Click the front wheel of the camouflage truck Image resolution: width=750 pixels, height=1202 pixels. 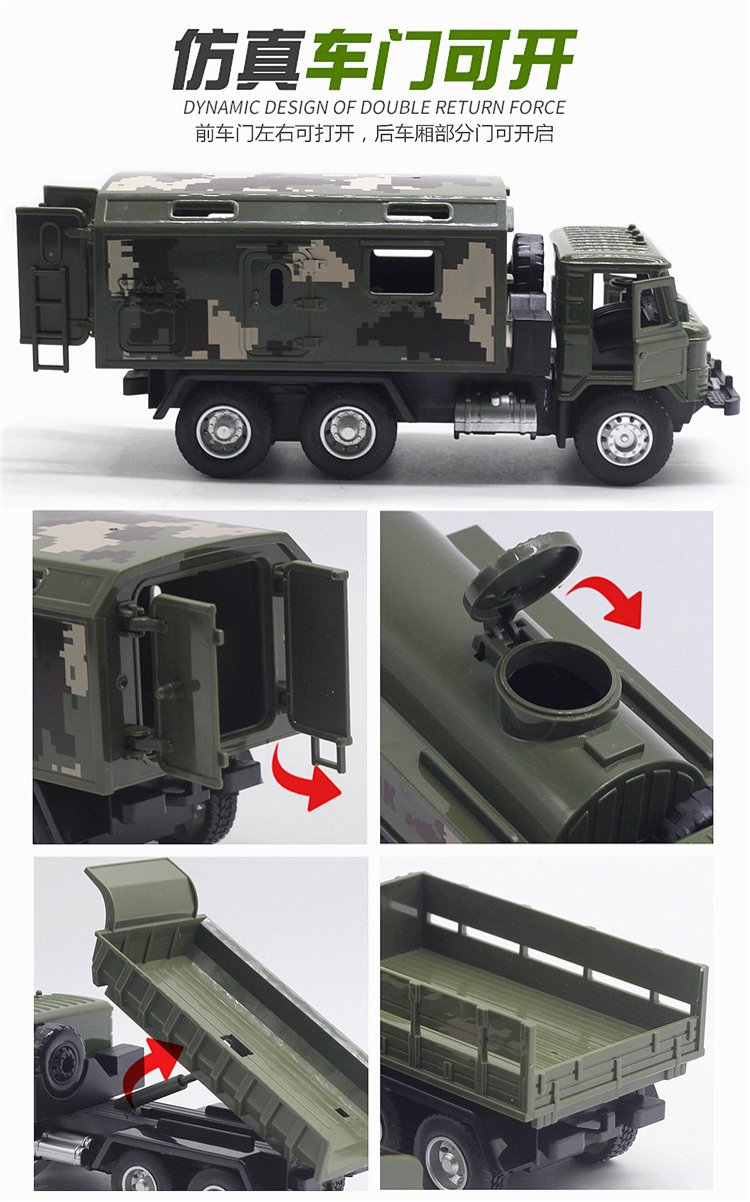(623, 439)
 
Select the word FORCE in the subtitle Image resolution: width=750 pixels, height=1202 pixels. (537, 107)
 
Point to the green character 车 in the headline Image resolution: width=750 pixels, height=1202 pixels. (341, 59)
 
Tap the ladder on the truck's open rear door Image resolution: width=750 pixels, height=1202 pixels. (50, 319)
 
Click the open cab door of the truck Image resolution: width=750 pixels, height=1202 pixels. (659, 334)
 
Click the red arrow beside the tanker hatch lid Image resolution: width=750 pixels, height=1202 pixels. (607, 600)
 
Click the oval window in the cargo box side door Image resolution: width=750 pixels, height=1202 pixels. (276, 287)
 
